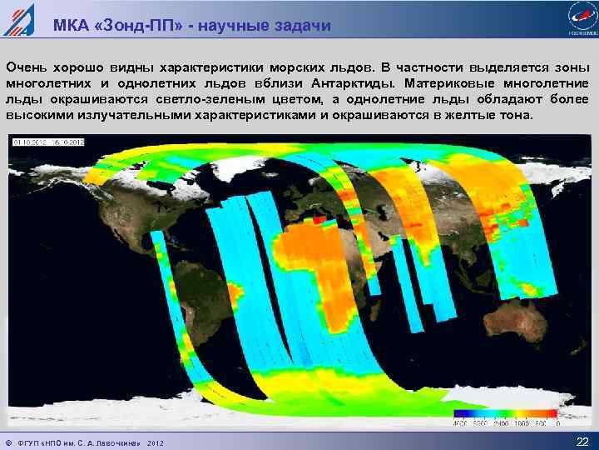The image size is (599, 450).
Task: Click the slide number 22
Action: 582,441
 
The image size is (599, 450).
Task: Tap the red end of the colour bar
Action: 549,413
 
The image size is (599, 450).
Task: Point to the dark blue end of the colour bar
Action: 460,413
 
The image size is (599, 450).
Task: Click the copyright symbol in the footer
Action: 8,441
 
